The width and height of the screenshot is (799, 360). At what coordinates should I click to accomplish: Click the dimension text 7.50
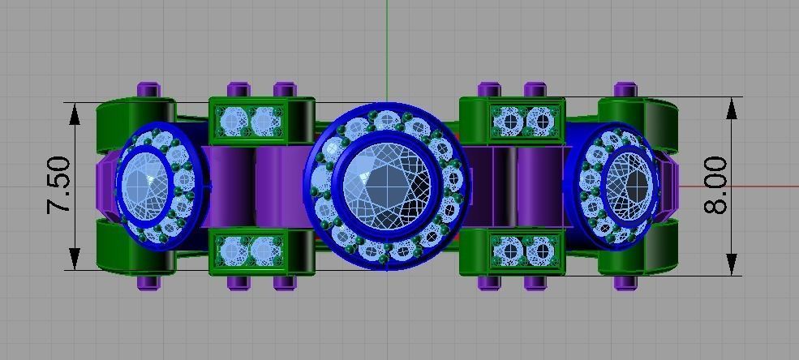[x=59, y=186]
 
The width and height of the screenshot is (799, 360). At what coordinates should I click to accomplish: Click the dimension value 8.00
[x=715, y=186]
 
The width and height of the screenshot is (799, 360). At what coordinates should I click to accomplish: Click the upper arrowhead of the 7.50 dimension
[x=75, y=114]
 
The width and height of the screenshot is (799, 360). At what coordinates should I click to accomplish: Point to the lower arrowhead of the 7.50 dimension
[x=75, y=259]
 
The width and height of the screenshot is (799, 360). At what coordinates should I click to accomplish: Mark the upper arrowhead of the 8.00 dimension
[x=732, y=109]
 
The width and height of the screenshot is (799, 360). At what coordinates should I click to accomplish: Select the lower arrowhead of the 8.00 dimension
[x=732, y=264]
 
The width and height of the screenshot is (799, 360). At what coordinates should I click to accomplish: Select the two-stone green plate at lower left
[x=248, y=251]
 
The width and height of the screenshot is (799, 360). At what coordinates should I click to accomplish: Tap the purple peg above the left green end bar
[x=147, y=89]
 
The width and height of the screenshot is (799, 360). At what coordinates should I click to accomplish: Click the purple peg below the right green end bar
[x=624, y=282]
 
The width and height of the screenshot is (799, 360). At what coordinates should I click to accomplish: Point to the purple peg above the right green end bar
[x=624, y=89]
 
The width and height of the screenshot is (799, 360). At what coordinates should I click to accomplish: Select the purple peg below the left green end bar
[x=147, y=282]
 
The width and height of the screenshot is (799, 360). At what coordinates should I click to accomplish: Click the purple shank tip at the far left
[x=104, y=185]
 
